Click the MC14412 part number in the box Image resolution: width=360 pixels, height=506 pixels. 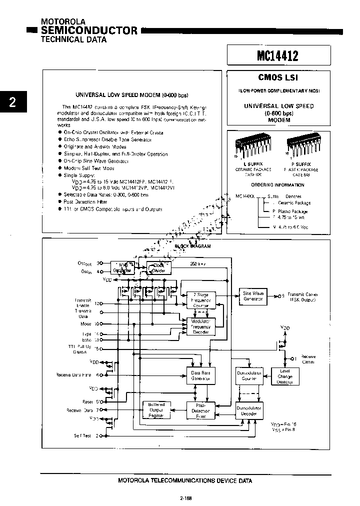point(278,55)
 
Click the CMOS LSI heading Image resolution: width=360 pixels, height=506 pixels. point(278,78)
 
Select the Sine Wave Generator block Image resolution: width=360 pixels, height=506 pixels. point(253,295)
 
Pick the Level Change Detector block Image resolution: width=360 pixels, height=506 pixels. point(284,376)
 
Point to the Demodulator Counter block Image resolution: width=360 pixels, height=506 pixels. point(248,376)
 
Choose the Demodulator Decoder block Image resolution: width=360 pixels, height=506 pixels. point(248,411)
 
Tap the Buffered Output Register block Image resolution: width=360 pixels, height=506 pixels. point(156,410)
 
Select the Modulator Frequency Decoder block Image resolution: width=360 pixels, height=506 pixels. point(201,326)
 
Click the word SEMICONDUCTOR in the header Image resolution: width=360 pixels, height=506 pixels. point(89,30)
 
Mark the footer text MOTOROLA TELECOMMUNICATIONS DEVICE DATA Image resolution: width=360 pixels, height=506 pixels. point(185,480)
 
